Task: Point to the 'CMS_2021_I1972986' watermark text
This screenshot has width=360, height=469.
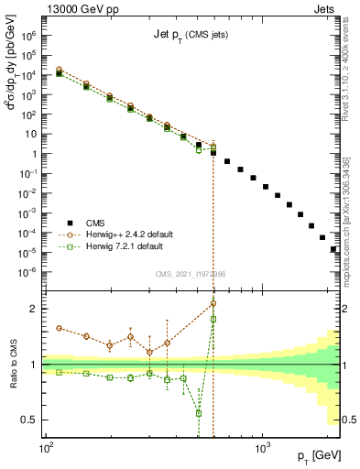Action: pyautogui.click(x=191, y=274)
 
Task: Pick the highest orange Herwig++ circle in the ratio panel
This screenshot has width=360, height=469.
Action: pyautogui.click(x=213, y=303)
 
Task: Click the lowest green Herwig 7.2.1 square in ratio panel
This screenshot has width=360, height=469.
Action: pyautogui.click(x=199, y=413)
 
